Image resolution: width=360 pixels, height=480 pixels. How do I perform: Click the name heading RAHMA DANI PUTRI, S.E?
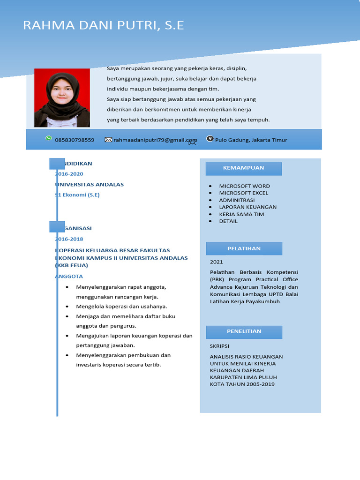[x=104, y=25]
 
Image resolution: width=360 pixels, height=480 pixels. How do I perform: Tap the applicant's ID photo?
[x=62, y=98]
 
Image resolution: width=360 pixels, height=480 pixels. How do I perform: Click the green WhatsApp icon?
[x=49, y=138]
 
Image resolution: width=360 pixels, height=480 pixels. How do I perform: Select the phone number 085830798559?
[x=75, y=140]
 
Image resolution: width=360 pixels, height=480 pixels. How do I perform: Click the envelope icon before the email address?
[x=108, y=140]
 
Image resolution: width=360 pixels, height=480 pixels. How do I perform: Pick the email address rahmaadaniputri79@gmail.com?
[x=155, y=140]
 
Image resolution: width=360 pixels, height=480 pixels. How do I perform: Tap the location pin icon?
[x=210, y=139]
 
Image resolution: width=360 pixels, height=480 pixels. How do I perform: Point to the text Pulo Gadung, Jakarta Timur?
[x=251, y=140]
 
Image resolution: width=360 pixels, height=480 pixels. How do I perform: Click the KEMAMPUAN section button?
[x=244, y=168]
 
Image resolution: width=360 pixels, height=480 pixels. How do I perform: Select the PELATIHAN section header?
[x=244, y=248]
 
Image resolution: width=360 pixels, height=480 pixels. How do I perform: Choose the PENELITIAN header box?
[x=244, y=331]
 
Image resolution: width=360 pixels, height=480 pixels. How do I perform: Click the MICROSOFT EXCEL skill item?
[x=244, y=193]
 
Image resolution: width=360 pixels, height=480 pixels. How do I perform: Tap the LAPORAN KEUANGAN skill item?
[x=247, y=207]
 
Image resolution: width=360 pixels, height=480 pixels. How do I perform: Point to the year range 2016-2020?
[x=69, y=174]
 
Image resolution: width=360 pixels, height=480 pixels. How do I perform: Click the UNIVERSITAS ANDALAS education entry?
[x=90, y=184]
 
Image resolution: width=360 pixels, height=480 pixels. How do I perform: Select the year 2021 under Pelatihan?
[x=217, y=262]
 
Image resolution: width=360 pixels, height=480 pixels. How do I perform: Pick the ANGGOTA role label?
[x=69, y=276]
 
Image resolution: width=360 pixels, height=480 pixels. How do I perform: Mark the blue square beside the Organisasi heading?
[x=57, y=227]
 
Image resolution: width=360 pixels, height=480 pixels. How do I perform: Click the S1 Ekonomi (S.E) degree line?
[x=78, y=195]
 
